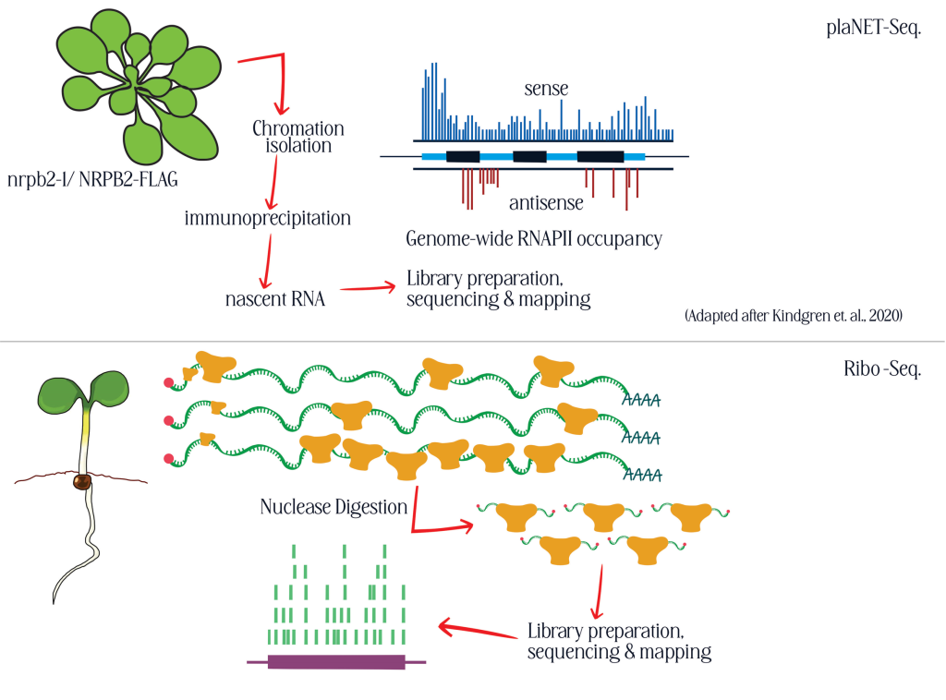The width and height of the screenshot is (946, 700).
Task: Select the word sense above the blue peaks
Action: point(546,90)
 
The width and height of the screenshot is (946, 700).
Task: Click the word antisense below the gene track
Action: point(546,202)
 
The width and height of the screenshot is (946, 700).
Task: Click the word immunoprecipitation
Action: point(268,219)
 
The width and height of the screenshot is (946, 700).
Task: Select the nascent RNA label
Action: point(275,299)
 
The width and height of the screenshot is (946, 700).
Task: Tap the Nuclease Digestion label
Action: point(334,507)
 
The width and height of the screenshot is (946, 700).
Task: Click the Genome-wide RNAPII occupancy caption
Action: point(534,239)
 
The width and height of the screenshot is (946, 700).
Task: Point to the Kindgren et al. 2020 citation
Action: point(794,315)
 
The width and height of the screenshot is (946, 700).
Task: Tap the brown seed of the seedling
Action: point(81,480)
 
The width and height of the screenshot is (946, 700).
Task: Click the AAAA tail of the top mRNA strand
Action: point(643,399)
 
